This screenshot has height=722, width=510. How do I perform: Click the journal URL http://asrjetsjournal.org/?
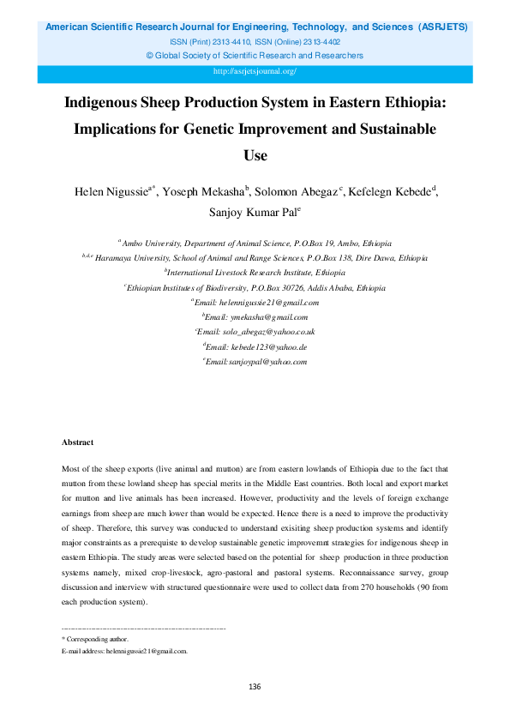[x=255, y=71]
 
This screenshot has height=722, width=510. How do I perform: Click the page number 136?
[x=255, y=687]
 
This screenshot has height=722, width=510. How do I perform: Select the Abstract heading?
[x=77, y=442]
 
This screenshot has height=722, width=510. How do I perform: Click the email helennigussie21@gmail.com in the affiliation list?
[x=268, y=303]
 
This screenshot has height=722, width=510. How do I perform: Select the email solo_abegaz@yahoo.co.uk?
[x=267, y=332]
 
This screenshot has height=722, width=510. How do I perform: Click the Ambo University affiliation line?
[x=256, y=244]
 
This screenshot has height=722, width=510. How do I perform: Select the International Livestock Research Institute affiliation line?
[x=256, y=274]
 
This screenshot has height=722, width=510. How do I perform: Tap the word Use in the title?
[x=255, y=156]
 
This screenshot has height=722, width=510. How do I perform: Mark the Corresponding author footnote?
[x=95, y=639]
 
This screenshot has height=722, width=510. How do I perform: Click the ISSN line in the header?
[x=255, y=41]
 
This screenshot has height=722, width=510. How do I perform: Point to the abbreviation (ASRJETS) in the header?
[x=442, y=27]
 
